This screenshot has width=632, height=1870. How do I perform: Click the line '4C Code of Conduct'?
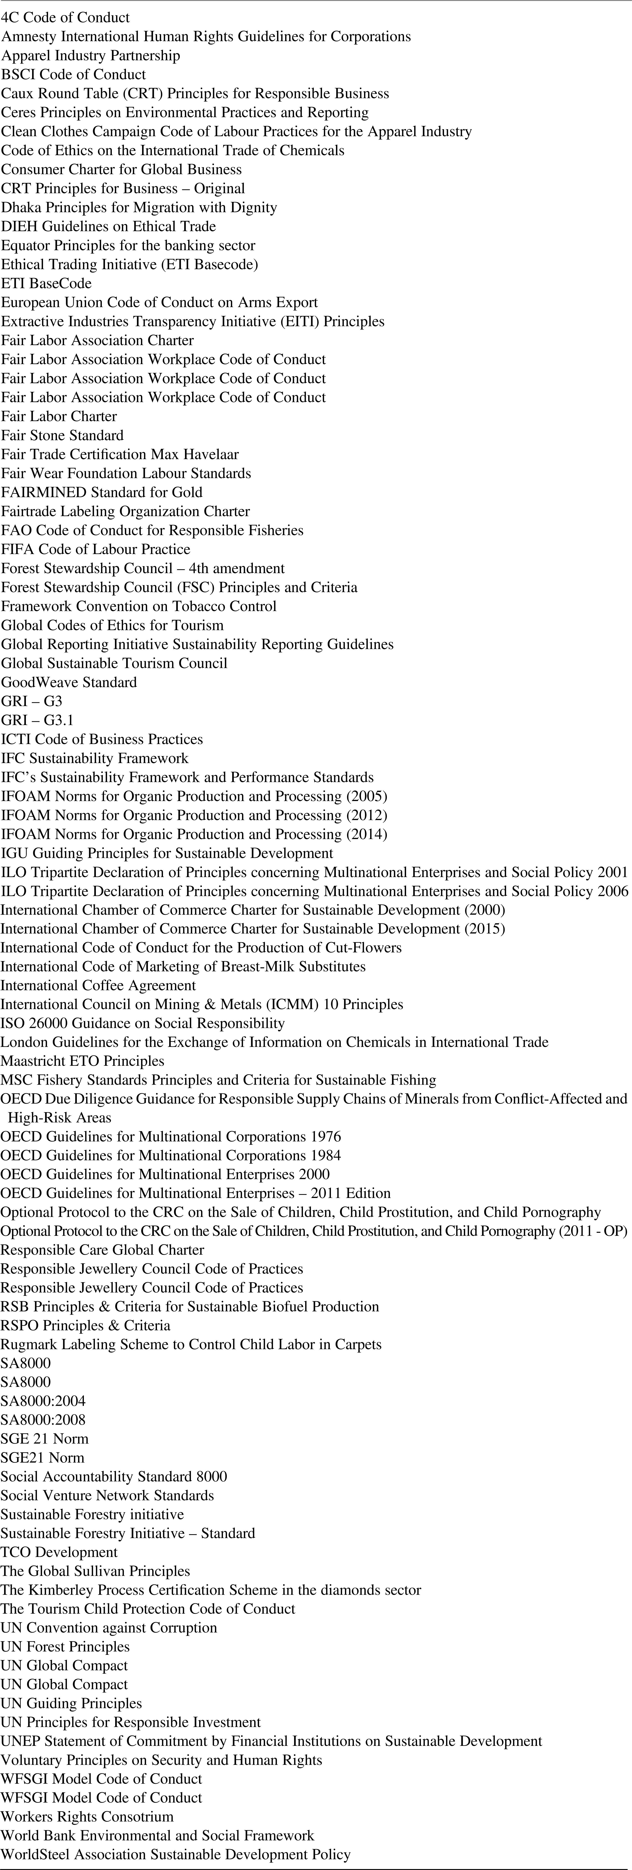[x=65, y=17]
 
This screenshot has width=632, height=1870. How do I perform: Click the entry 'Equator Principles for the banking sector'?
[x=128, y=245]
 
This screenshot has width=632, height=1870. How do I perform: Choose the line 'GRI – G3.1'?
[x=37, y=720]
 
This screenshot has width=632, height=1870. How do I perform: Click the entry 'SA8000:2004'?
[x=43, y=1401]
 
